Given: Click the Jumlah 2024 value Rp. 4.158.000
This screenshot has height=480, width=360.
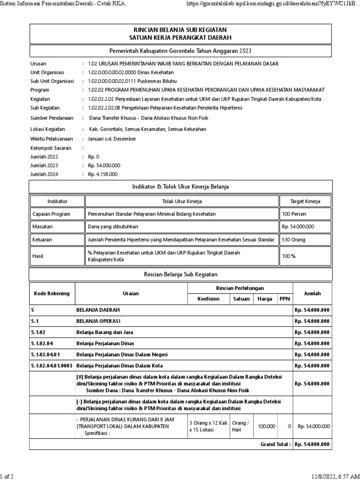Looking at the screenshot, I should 103,174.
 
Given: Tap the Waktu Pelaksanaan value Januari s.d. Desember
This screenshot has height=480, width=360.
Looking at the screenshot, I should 112,139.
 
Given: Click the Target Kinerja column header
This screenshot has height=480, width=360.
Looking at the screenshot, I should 306,201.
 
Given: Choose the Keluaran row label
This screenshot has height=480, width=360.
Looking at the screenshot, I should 42,240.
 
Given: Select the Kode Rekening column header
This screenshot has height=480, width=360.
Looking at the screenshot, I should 52,293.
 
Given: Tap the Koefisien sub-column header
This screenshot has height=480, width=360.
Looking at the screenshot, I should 209,299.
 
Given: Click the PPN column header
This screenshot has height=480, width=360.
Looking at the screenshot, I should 284,299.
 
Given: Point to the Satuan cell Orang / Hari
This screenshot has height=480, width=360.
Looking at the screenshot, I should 241,426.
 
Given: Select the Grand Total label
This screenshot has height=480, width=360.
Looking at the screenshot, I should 276,444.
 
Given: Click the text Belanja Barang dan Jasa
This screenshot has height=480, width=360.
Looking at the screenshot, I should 105,332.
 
